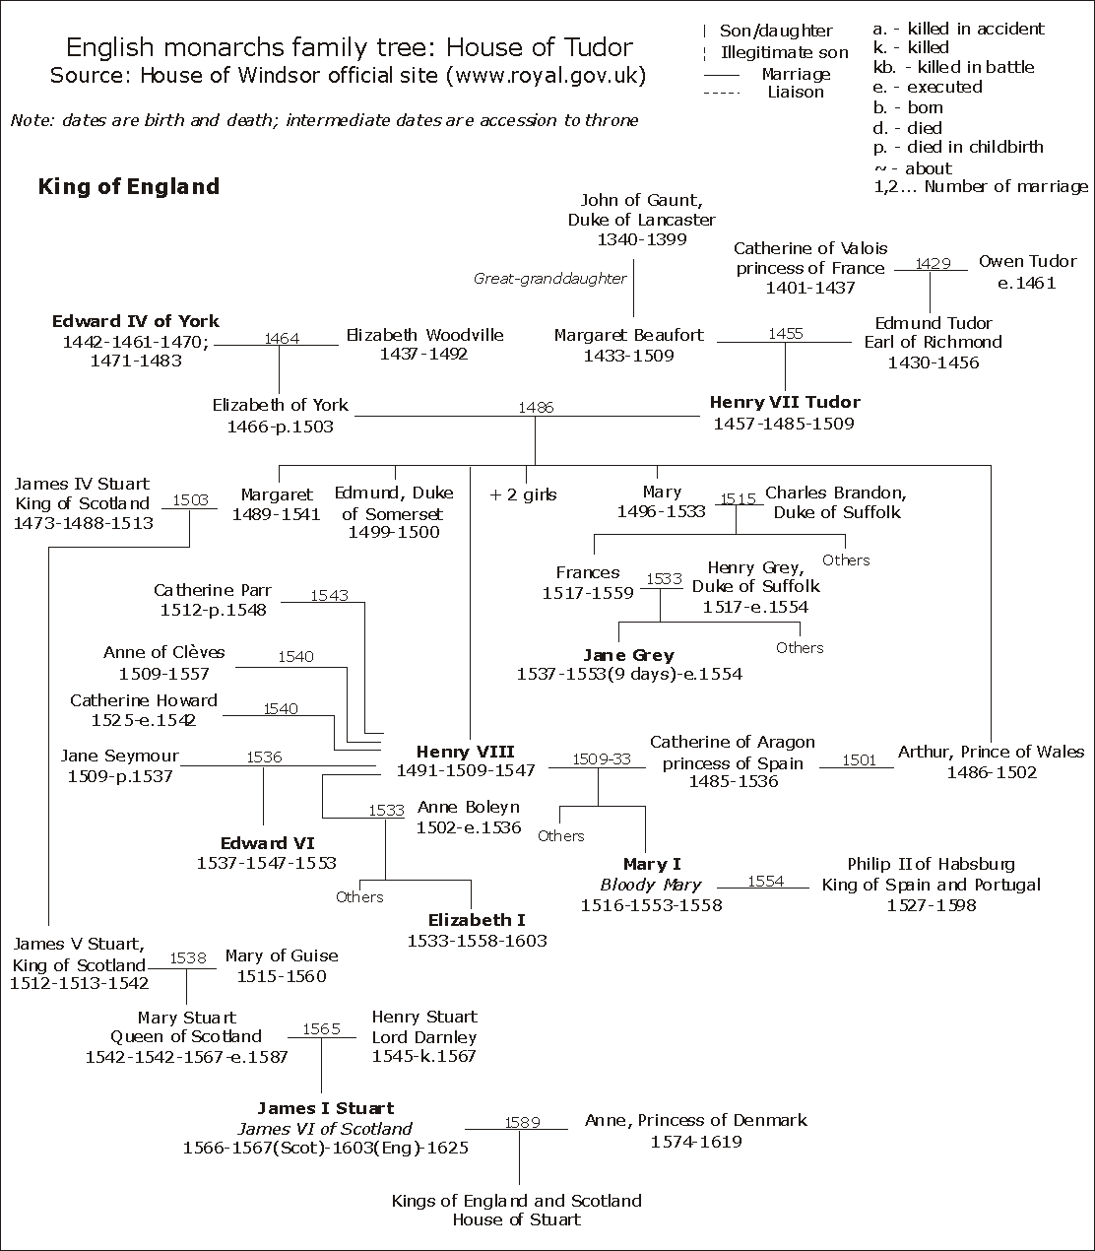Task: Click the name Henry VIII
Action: pyautogui.click(x=465, y=752)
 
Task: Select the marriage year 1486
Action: pyautogui.click(x=536, y=407)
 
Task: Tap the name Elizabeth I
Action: pyautogui.click(x=477, y=920)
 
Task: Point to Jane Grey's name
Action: pyautogui.click(x=628, y=655)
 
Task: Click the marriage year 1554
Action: pyautogui.click(x=765, y=881)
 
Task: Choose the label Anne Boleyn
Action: pyautogui.click(x=468, y=807)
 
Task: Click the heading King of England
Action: pyautogui.click(x=129, y=186)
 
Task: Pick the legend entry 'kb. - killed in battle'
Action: pyautogui.click(x=953, y=67)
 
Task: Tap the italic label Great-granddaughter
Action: pyautogui.click(x=550, y=279)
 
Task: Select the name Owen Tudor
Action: pyautogui.click(x=1027, y=262)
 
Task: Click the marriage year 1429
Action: pyautogui.click(x=932, y=263)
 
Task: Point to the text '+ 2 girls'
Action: pyautogui.click(x=523, y=494)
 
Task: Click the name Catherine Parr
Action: pyautogui.click(x=213, y=590)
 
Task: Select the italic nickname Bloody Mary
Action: pyautogui.click(x=651, y=885)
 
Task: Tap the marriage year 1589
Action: pyautogui.click(x=522, y=1122)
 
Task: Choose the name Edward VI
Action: pyautogui.click(x=267, y=843)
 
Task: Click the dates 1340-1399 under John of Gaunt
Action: pyautogui.click(x=641, y=239)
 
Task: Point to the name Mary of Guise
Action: pyautogui.click(x=282, y=955)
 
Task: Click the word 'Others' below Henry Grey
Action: pyautogui.click(x=799, y=647)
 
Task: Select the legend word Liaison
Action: pyautogui.click(x=796, y=92)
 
